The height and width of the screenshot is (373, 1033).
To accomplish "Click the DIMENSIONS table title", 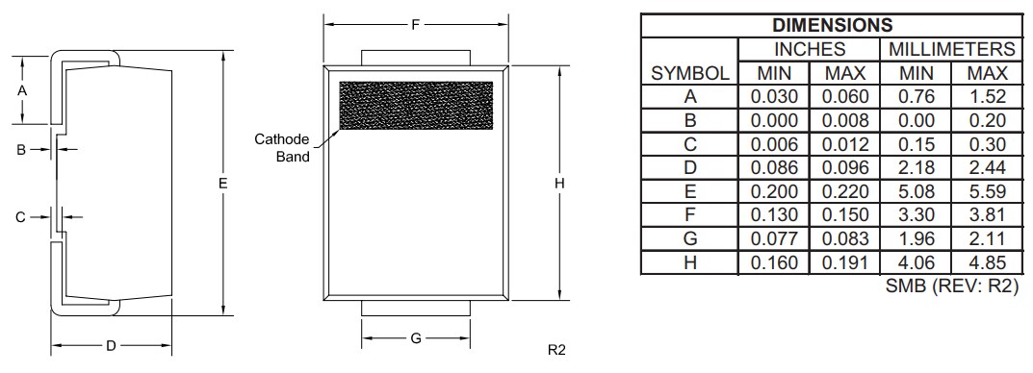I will pos(832,26).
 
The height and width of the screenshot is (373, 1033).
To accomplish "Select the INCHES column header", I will pos(809,49).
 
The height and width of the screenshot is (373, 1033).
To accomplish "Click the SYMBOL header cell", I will pos(689,73).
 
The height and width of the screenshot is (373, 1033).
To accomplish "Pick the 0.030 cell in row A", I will pos(774,96).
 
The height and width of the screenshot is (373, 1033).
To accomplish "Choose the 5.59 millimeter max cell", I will pos(986,191).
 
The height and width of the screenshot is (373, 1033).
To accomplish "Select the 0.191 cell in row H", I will pos(844,262).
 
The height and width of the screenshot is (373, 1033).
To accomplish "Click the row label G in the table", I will pos(689,238).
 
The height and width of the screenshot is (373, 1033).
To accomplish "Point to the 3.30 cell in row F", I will pos(916,214).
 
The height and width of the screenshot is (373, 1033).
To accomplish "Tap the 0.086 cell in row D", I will pos(774,167).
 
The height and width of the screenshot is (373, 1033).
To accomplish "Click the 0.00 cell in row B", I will pos(916,120).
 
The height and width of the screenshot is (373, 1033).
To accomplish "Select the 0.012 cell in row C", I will pos(844,144).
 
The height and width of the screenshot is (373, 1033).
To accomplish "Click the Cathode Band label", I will pos(281,148).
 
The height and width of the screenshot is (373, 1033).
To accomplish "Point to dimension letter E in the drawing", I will pos(222,182).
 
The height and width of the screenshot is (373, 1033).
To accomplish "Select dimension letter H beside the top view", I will pos(558,184).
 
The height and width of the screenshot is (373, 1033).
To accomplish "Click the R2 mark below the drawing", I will pos(556,349).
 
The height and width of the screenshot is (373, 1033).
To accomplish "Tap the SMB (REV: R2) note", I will pos(951,286).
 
